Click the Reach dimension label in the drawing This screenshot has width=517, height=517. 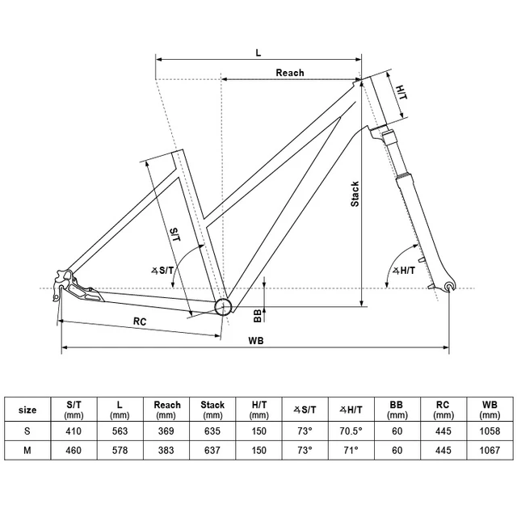[290, 73]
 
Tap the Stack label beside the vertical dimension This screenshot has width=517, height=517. [355, 193]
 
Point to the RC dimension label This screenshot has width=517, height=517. [140, 321]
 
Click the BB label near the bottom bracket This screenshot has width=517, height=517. [258, 313]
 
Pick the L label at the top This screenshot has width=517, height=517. [258, 52]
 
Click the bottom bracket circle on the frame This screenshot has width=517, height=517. [224, 305]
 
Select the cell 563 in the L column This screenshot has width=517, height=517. [120, 431]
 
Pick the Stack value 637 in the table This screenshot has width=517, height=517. [212, 453]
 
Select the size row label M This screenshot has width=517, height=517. [27, 453]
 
